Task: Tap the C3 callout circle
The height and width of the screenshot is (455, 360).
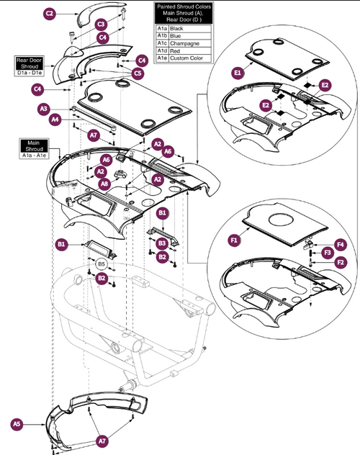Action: coord(102,24)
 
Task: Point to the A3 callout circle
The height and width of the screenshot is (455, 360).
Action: coord(44,109)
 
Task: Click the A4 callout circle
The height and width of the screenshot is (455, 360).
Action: coord(55,120)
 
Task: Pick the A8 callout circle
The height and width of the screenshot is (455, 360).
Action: coord(104,184)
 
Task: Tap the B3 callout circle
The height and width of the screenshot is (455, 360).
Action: coord(163,244)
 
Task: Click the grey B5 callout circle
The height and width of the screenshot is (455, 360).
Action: coord(102,265)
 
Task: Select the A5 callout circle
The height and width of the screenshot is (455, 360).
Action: coord(17,424)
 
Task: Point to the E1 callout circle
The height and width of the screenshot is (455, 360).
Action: coord(237,73)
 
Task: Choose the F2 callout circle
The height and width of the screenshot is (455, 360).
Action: coord(340,263)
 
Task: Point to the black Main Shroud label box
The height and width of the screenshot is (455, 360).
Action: coord(32,148)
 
